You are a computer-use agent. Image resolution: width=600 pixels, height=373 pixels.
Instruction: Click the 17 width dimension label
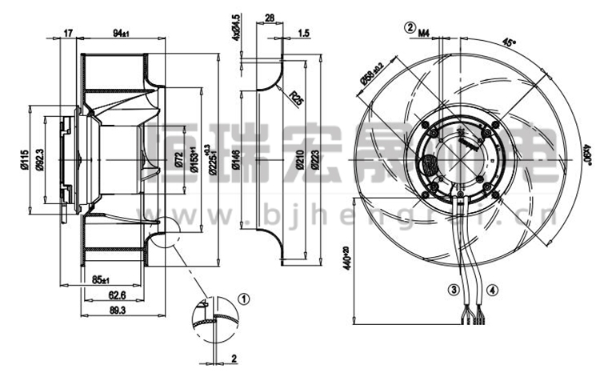[x=69, y=33]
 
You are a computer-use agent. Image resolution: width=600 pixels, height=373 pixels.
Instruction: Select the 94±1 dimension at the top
[x=121, y=33]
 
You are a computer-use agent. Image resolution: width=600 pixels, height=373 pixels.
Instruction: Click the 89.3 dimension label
[x=117, y=309]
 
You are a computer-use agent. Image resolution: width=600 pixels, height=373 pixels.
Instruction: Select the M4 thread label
[x=424, y=33]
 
